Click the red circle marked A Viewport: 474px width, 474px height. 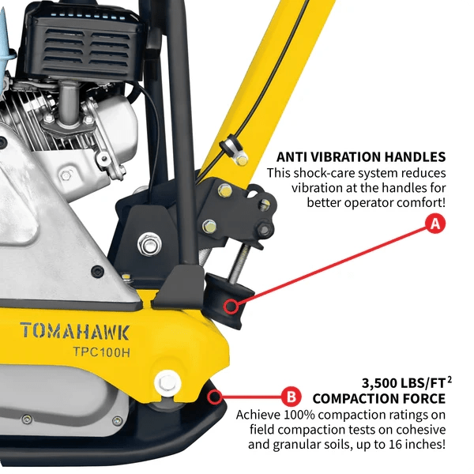[x=434, y=224]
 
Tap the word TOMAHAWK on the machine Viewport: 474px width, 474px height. [x=76, y=330]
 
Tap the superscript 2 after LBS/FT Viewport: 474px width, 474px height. [x=450, y=378]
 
